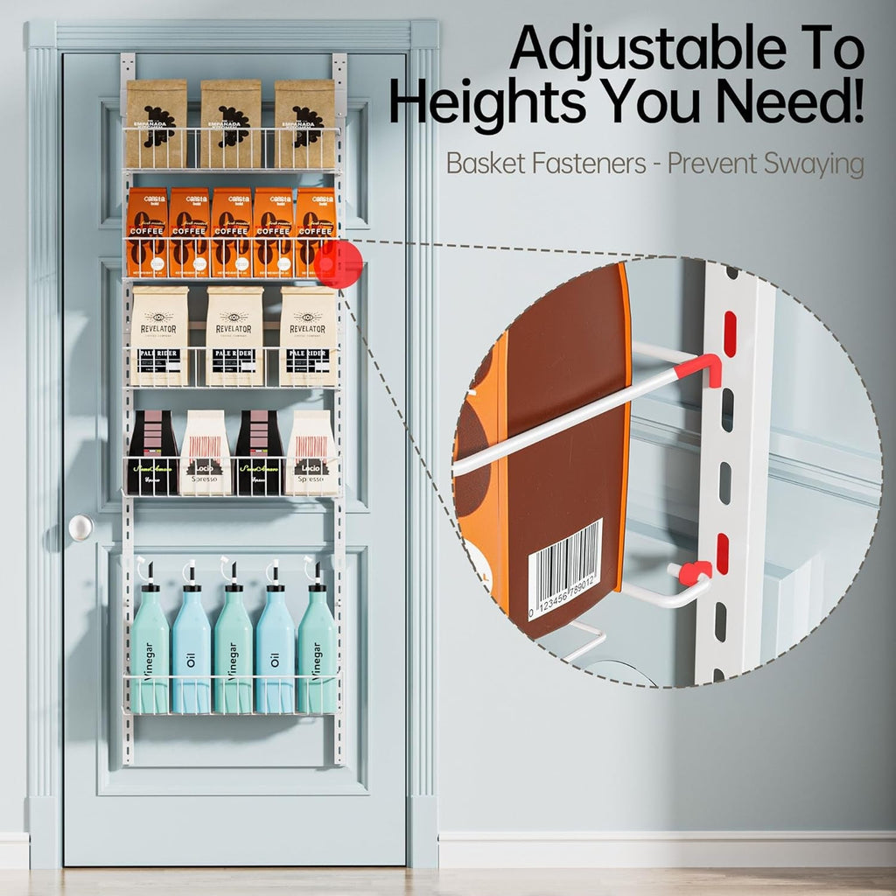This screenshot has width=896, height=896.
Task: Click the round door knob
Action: pos(80,527)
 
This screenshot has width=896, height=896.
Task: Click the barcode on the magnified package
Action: pos(564,569)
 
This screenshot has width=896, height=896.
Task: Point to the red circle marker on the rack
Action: pos(339,264)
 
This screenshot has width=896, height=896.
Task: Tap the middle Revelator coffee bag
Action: pos(234,336)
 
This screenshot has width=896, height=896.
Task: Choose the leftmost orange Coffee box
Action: pos(147,232)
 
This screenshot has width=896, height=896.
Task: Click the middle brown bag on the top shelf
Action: pos(231,123)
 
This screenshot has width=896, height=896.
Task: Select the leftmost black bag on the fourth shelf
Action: pos(153,452)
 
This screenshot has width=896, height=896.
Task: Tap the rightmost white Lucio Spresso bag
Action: pos(311,452)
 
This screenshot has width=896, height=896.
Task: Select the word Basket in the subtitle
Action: pos(482,164)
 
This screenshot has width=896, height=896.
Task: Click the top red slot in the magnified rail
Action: pos(730,333)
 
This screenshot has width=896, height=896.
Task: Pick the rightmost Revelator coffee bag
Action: pos(308,336)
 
